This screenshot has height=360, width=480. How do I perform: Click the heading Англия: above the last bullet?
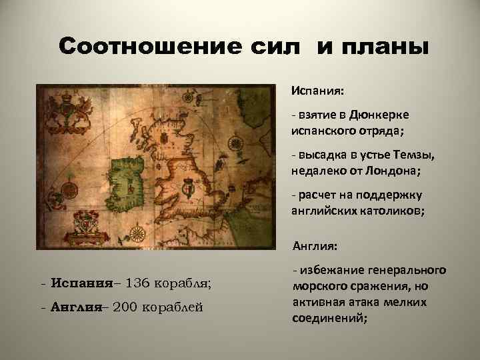coord(315,247)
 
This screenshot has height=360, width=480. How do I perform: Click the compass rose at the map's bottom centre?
coord(139,234)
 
